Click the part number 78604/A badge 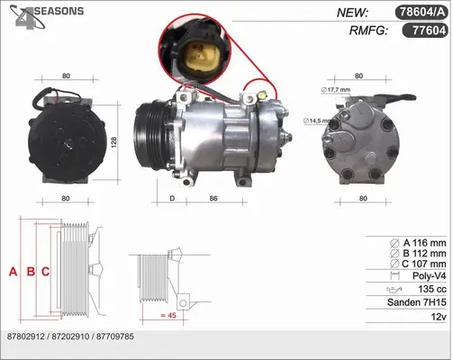tap(421, 13)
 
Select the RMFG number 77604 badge tap(425, 31)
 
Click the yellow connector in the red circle tap(197, 57)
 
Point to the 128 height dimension tap(113, 142)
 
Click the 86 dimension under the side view tap(213, 198)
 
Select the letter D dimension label tap(172, 198)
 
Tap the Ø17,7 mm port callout tap(336, 90)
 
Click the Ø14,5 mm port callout tap(317, 121)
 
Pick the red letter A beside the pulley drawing tap(13, 272)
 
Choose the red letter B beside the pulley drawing tap(31, 272)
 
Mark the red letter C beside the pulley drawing tap(45, 272)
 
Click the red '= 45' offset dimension tap(168, 315)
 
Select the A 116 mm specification tap(424, 243)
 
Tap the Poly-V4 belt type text tap(430, 275)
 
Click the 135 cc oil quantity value tap(432, 289)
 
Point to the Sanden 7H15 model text tap(417, 302)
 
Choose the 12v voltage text tap(439, 317)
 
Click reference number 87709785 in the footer tap(115, 337)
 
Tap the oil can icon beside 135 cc tap(394, 290)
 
